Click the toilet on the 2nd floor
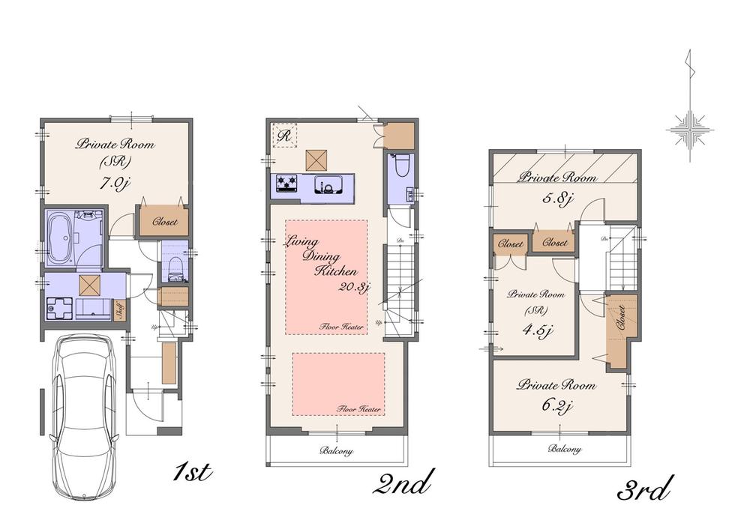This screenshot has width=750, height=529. tap(399, 166)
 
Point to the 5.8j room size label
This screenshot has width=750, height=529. tap(559, 199)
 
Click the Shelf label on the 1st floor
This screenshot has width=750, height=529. tap(118, 309)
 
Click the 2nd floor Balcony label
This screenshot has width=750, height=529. tap(336, 452)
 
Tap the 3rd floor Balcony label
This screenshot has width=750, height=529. tap(564, 450)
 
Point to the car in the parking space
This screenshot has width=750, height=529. tap(79, 420)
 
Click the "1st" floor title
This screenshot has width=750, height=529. tap(193, 474)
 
